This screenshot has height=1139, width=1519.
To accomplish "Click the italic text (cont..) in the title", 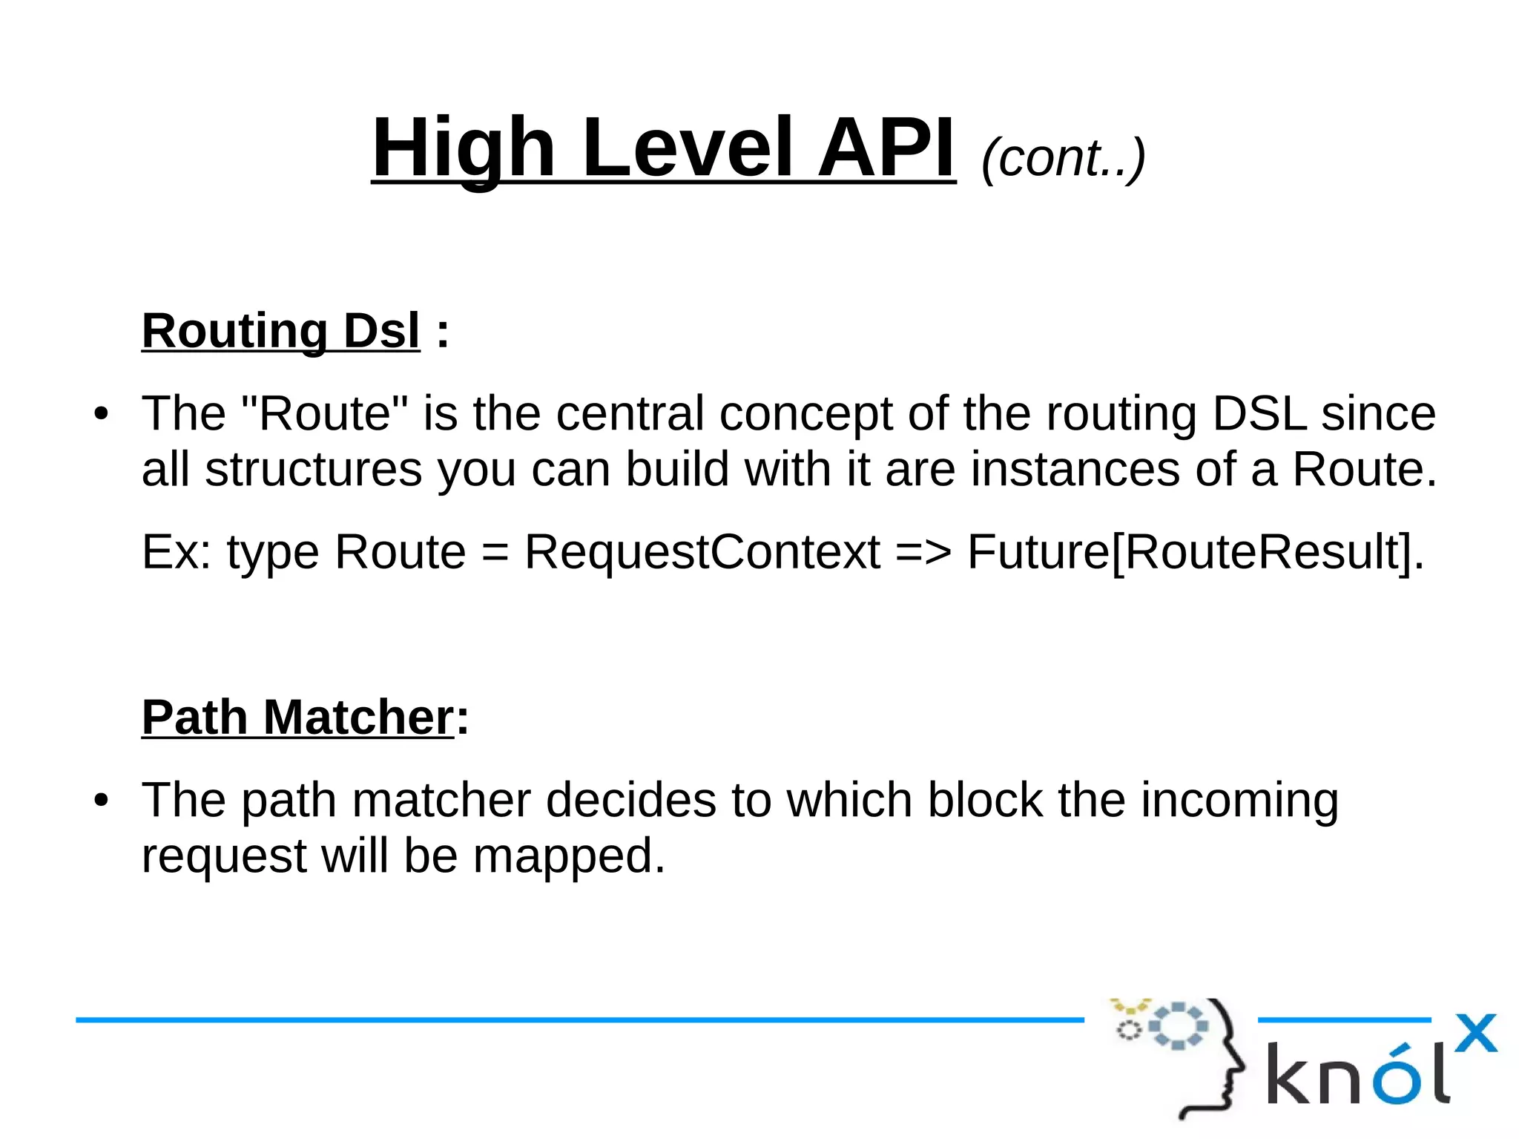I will tap(1063, 157).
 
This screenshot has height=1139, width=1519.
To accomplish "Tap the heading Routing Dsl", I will tap(280, 330).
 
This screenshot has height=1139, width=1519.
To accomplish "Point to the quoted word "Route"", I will tap(326, 413).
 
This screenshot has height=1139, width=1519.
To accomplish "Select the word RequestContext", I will tap(702, 551).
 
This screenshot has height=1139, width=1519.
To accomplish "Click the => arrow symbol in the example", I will tap(923, 553).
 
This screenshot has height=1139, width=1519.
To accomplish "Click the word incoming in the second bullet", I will tap(1239, 801).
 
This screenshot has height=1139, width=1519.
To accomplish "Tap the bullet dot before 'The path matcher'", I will tap(101, 801).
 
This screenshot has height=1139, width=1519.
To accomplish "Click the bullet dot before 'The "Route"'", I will tap(101, 414).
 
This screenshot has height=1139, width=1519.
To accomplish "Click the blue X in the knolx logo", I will tap(1475, 1033).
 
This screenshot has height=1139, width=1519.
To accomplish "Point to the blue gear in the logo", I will tap(1177, 1026).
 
